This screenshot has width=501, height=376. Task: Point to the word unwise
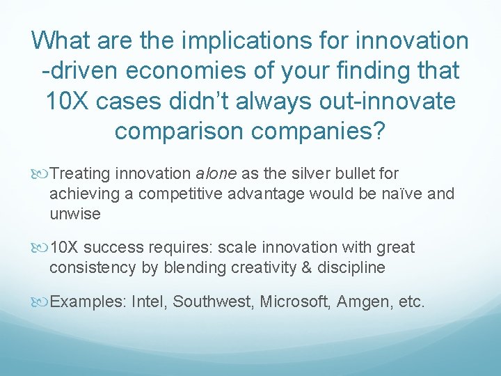point(75,214)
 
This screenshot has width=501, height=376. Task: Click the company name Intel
point(150,301)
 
